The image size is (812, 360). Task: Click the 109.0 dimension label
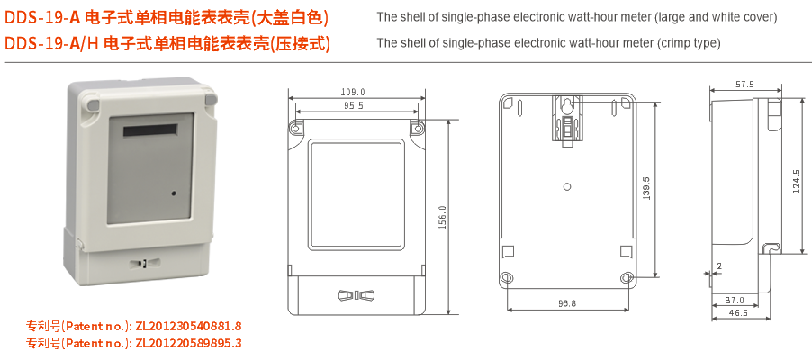353,92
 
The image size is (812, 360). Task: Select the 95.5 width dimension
353,105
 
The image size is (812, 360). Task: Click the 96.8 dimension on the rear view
567,303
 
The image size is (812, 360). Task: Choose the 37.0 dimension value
735,300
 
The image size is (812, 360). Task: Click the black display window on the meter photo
150,130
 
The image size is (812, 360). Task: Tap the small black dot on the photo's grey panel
174,193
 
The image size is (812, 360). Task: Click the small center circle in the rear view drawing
567,187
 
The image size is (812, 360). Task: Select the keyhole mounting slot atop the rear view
568,105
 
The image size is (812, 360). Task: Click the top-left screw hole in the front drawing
296,128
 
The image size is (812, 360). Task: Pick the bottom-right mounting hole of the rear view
627,278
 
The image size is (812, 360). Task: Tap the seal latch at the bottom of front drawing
356,296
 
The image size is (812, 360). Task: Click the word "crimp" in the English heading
671,43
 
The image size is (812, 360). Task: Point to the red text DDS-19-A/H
51,44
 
